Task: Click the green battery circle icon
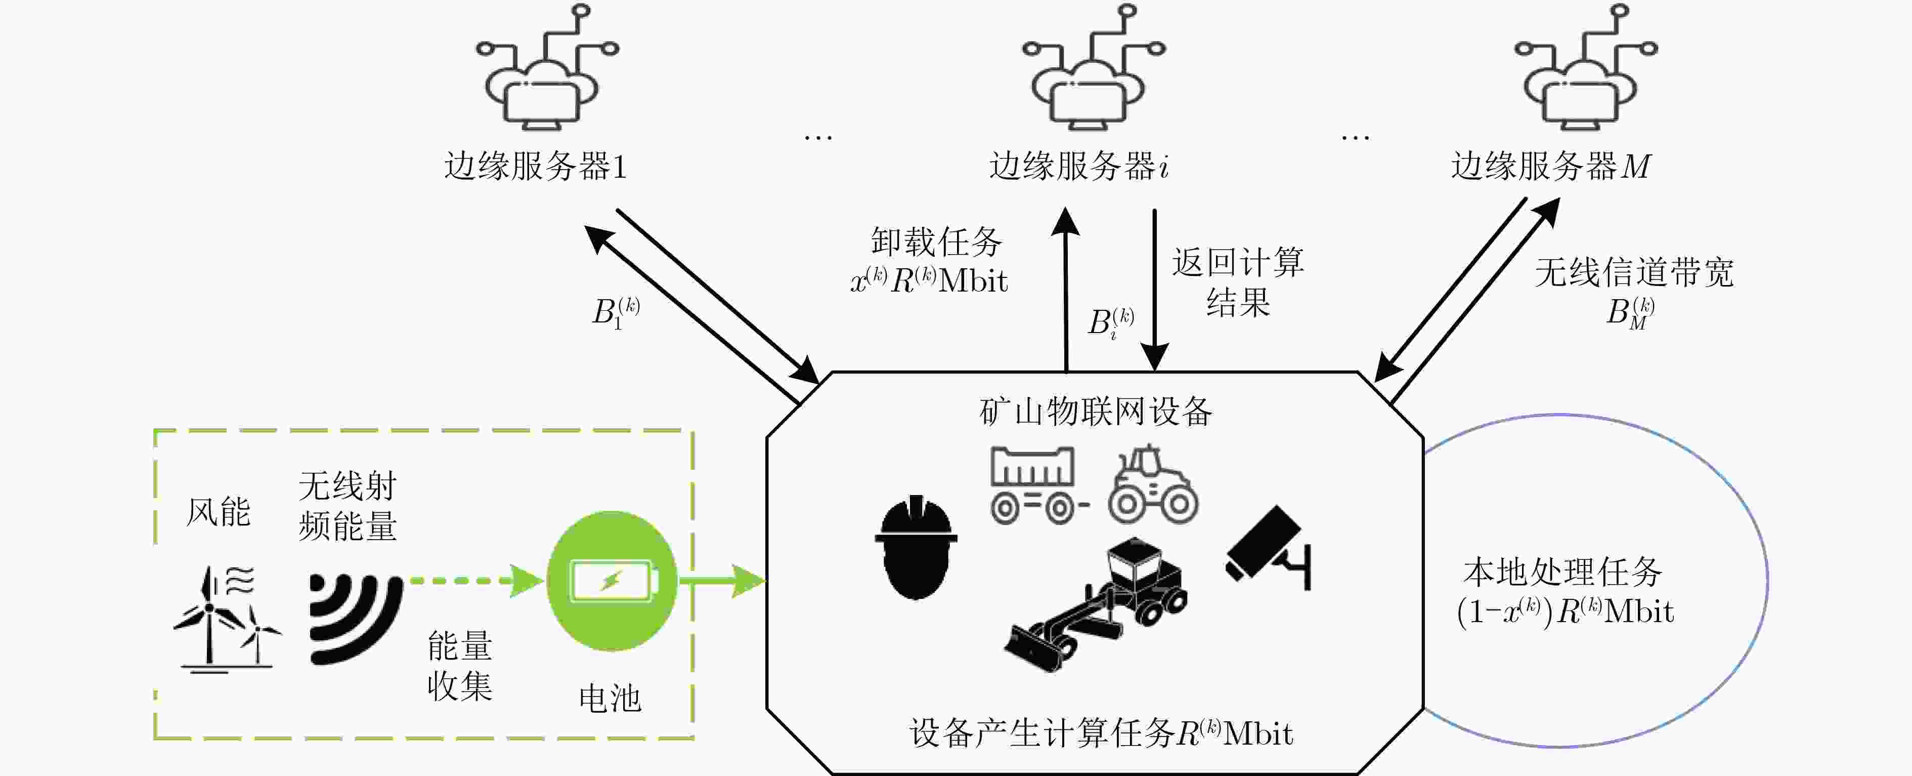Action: click(x=612, y=581)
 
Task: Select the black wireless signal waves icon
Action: click(x=355, y=618)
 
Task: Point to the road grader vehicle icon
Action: click(x=1096, y=605)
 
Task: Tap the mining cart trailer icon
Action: click(x=1037, y=485)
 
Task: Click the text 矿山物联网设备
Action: click(x=1096, y=412)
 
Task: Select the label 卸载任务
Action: click(x=937, y=242)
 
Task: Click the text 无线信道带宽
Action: click(x=1634, y=272)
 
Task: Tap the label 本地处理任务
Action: click(x=1563, y=573)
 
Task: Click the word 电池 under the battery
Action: click(x=610, y=699)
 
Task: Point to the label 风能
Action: click(x=218, y=512)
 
